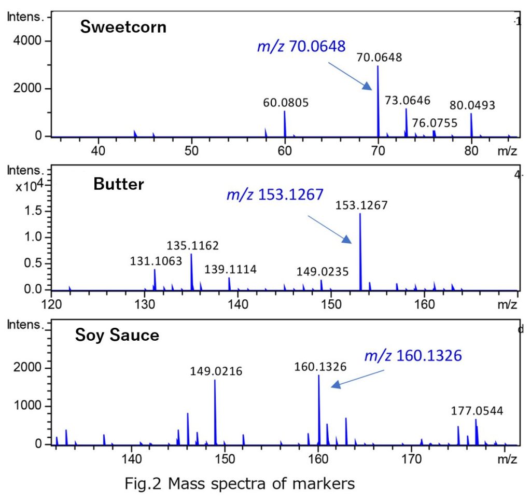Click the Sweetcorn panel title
point(123,26)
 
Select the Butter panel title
point(118,184)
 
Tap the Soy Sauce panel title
point(117,335)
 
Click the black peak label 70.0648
point(379,57)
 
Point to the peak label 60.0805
point(286,103)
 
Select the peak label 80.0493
point(472,105)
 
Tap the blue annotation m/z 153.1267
point(275,194)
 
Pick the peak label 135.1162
point(192,245)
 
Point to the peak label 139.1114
point(230,269)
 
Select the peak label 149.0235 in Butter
point(323,271)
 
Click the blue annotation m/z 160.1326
point(413,356)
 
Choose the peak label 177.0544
point(476,411)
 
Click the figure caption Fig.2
point(240,484)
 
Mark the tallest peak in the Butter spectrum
point(360,249)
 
